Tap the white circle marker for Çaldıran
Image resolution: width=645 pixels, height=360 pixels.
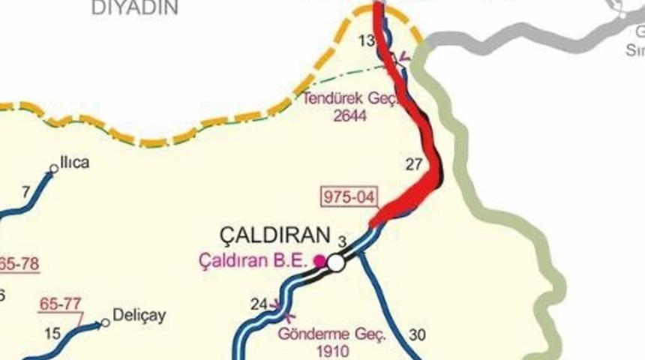(x=336, y=262)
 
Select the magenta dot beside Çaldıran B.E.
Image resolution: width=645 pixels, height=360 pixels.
(x=319, y=261)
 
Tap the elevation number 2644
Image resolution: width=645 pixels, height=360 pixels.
(x=349, y=115)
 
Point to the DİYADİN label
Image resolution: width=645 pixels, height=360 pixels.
(x=135, y=8)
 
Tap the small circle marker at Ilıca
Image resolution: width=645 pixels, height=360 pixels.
(x=54, y=169)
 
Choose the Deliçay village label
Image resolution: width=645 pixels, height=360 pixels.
(x=139, y=315)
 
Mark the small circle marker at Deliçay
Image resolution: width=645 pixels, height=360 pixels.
(x=106, y=322)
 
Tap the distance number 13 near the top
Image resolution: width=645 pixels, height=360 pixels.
(x=367, y=40)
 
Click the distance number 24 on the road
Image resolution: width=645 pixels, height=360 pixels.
(x=259, y=304)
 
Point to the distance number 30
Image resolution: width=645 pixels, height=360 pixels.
(x=418, y=334)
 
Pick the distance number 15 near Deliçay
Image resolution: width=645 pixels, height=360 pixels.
(x=52, y=332)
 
